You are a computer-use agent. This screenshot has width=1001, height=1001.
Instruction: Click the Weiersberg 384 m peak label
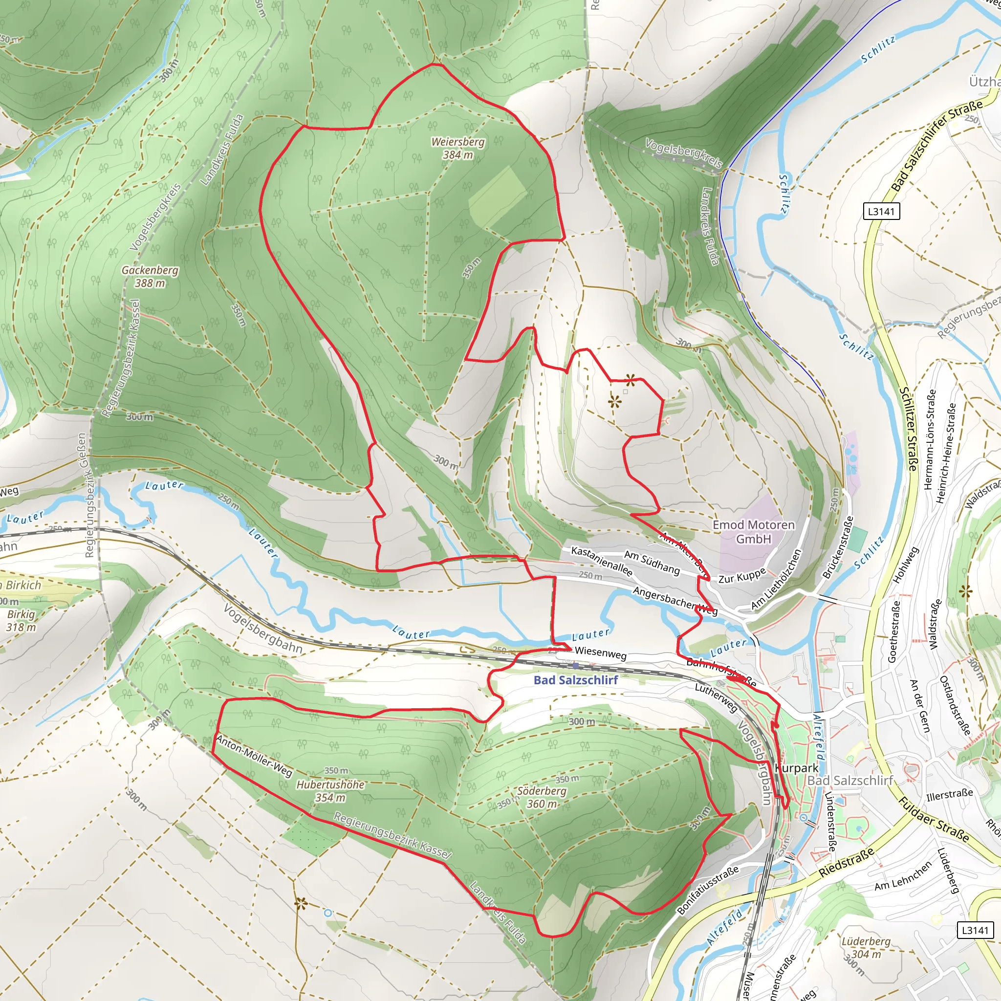point(457,148)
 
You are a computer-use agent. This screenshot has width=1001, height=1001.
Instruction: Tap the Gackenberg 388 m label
point(150,277)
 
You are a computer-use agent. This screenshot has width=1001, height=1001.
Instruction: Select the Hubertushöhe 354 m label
point(330,791)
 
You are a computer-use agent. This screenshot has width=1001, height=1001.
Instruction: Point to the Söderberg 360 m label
point(542,797)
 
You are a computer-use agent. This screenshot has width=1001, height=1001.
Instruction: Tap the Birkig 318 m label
point(21,621)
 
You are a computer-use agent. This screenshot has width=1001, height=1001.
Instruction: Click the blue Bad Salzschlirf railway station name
point(576,680)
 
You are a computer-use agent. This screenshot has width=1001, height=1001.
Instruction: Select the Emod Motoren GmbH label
point(753,532)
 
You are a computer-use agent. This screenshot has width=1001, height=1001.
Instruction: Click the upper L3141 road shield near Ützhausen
point(881,211)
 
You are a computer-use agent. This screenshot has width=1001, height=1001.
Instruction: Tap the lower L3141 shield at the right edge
point(975,930)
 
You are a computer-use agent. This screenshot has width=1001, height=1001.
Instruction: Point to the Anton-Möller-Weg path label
point(254,756)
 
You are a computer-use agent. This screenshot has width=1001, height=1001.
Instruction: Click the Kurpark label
point(797,768)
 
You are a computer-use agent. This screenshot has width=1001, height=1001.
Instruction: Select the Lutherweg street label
point(716,697)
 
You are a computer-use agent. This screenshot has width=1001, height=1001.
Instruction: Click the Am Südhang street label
point(652,563)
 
